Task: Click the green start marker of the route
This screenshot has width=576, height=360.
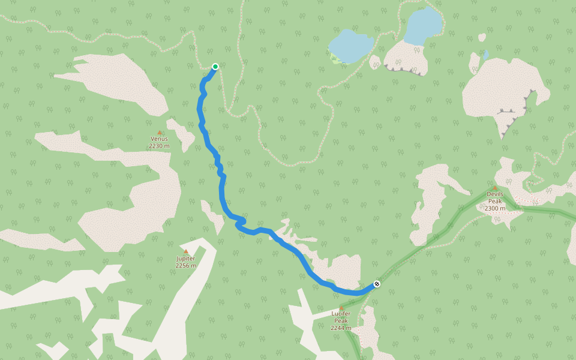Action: (x=215, y=67)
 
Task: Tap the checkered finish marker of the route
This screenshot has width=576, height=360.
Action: (x=377, y=284)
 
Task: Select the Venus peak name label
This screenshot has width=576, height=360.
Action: (x=159, y=139)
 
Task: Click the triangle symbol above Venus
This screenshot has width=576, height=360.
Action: (x=160, y=132)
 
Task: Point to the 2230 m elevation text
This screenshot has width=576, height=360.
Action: (x=159, y=146)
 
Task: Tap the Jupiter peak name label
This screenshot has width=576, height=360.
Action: (x=185, y=259)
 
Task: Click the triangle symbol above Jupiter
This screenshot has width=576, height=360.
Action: (x=185, y=251)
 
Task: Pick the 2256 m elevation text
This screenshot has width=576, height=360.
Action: (x=185, y=266)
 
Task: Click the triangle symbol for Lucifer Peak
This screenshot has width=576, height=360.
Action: (x=341, y=307)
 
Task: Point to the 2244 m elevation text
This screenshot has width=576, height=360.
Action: (x=341, y=328)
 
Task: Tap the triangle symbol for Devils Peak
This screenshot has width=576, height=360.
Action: (x=495, y=187)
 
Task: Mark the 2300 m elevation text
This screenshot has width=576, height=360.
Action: (x=495, y=209)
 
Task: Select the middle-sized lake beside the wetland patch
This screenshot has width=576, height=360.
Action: (x=352, y=45)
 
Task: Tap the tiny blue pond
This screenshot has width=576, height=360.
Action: (x=486, y=54)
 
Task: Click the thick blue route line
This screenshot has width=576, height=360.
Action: (x=222, y=192)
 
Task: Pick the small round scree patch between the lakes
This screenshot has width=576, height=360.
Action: (x=375, y=62)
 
